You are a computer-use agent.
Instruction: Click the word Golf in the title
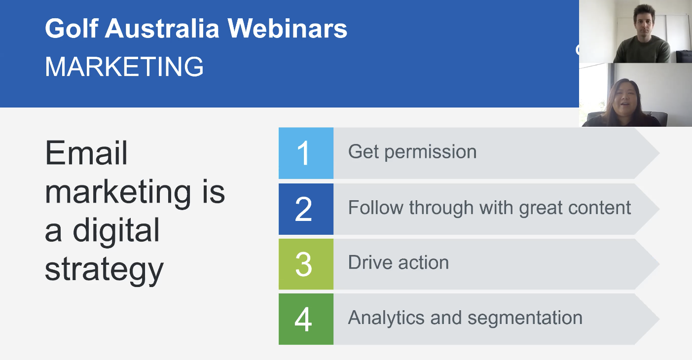click(72, 28)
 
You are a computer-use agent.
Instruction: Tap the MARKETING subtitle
click(124, 67)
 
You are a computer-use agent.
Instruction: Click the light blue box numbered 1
click(306, 153)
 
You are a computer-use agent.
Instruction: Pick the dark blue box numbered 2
click(306, 209)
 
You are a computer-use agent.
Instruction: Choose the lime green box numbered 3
click(306, 264)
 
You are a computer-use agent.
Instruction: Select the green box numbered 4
click(306, 319)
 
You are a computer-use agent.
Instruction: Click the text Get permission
click(412, 152)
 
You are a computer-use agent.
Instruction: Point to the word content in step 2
click(599, 208)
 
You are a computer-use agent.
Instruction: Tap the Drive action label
click(399, 262)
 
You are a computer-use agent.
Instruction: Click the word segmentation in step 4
click(525, 319)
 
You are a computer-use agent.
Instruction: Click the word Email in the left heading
click(86, 153)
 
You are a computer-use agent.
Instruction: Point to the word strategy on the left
click(104, 270)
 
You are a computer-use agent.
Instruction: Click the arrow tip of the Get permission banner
click(659, 153)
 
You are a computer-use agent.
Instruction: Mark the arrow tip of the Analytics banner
click(659, 319)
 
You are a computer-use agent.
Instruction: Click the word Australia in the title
click(162, 28)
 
